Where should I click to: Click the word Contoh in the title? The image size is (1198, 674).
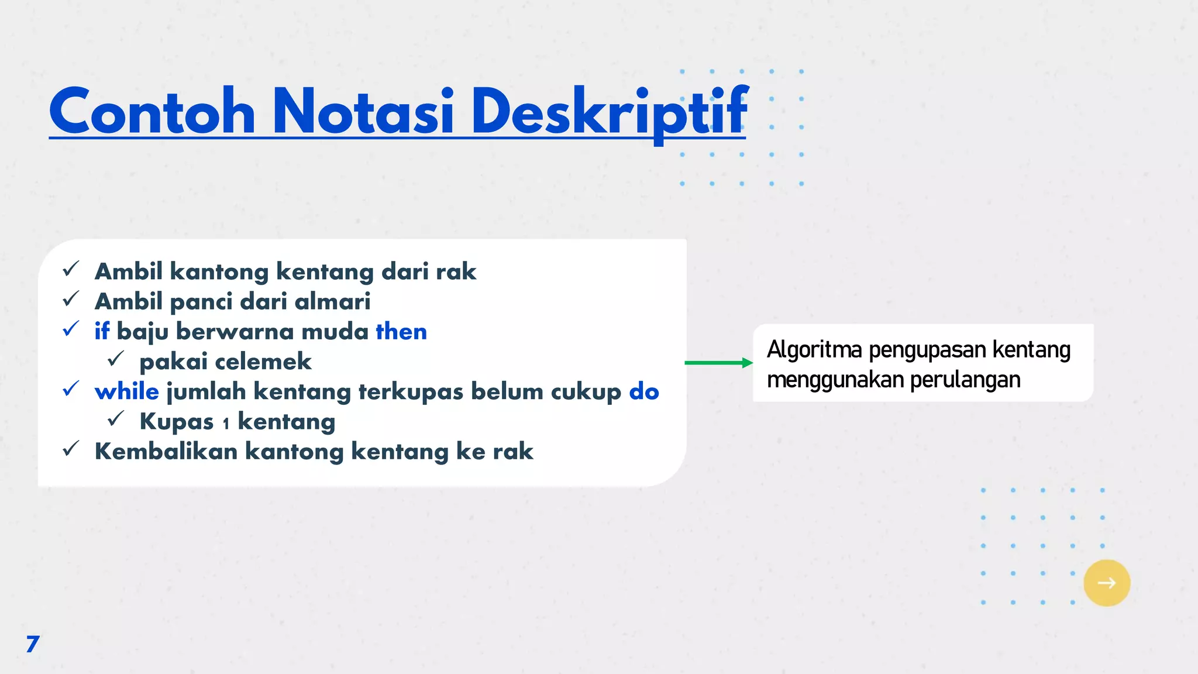tap(152, 111)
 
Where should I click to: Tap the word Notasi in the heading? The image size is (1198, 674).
tap(363, 111)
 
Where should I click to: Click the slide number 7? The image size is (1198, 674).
tap(33, 644)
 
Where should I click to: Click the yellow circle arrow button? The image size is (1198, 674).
tap(1106, 583)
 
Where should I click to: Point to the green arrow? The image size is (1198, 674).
tap(718, 363)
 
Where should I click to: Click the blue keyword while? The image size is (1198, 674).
tap(127, 391)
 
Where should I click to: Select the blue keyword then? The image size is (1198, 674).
tap(401, 332)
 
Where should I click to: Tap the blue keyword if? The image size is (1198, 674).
tap(102, 331)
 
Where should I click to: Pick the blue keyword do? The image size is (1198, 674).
tap(644, 391)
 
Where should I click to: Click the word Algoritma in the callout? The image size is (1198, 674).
tap(814, 349)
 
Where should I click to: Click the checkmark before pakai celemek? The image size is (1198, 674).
tap(116, 359)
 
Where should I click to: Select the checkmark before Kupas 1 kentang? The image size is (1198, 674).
tap(116, 419)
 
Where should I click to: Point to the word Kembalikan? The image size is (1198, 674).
tap(166, 451)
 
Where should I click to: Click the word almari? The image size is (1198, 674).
tap(332, 301)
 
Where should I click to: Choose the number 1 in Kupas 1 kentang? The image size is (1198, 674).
tap(226, 424)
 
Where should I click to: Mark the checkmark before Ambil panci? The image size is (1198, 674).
tap(71, 299)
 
